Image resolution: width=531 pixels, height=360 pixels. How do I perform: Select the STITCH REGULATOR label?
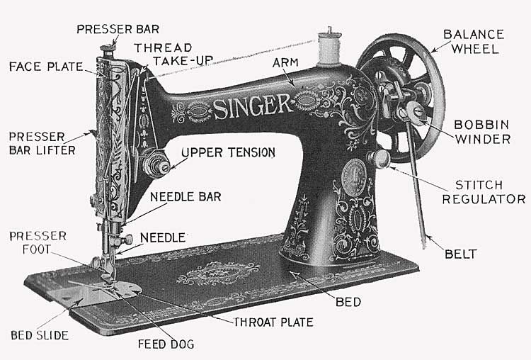(484, 191)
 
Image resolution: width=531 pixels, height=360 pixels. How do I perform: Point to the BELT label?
(461, 253)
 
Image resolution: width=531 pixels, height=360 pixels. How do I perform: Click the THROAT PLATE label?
(273, 322)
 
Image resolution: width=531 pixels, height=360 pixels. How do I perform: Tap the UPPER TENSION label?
(228, 152)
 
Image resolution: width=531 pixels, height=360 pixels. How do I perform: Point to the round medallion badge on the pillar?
(353, 174)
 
